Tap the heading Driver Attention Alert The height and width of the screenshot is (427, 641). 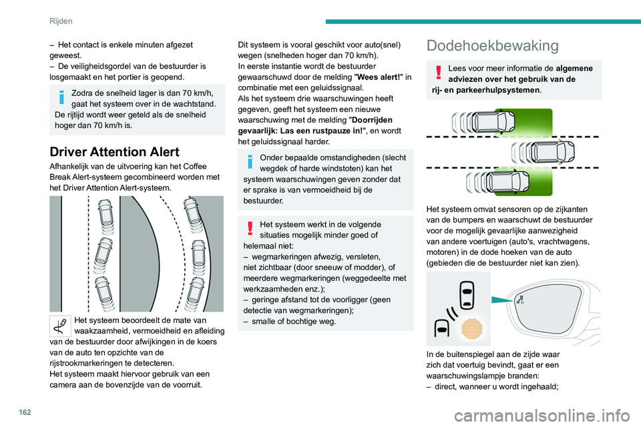tap(115, 150)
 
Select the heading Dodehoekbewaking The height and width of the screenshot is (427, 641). tap(493, 45)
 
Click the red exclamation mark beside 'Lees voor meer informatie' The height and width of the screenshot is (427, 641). tap(438, 71)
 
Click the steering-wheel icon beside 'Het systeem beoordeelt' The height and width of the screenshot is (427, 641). tap(61, 324)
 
